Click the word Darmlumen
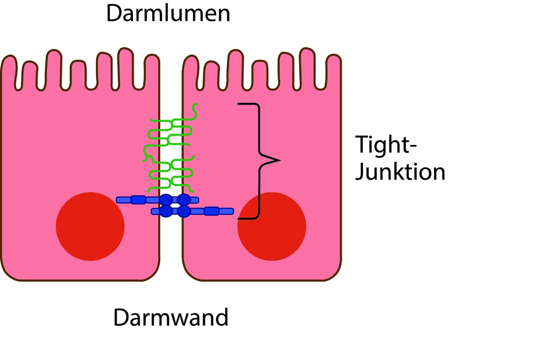(168, 13)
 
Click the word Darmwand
(171, 317)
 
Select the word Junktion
(400, 172)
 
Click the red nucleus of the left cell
(90, 226)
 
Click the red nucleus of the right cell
(271, 226)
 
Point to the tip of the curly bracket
(279, 160)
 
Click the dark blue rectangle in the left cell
(138, 200)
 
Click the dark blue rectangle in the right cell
(212, 211)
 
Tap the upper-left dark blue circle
(167, 200)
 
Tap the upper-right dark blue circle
(184, 200)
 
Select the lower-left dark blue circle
(167, 211)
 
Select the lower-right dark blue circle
(184, 211)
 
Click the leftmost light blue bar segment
(123, 200)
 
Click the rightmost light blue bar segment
(226, 211)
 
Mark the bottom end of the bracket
(239, 218)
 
